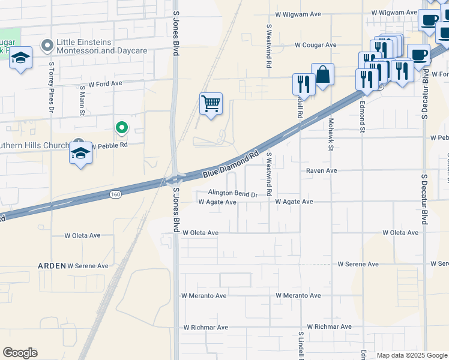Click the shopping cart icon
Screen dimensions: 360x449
[x=211, y=104]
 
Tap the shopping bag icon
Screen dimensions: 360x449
[x=322, y=74]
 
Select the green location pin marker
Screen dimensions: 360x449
[x=121, y=127]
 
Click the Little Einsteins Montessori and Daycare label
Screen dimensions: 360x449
[x=101, y=46]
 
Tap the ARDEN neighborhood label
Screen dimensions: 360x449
[x=51, y=265]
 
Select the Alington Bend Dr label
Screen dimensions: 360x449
[x=232, y=194]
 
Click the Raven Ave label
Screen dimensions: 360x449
[x=321, y=171]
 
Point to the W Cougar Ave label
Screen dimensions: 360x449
[x=315, y=45]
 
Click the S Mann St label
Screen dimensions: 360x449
[x=82, y=101]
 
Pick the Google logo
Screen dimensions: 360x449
[x=20, y=353]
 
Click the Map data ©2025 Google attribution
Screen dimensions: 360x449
[x=412, y=355]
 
